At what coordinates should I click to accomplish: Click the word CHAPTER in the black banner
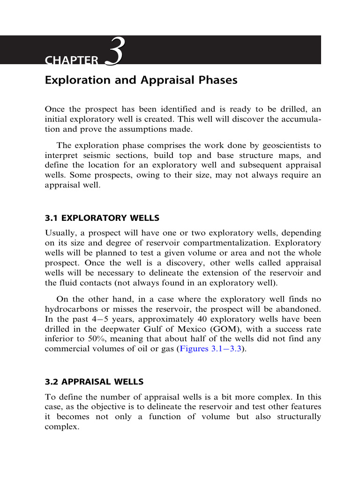(72, 60)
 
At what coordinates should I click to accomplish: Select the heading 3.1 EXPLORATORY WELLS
(102, 218)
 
